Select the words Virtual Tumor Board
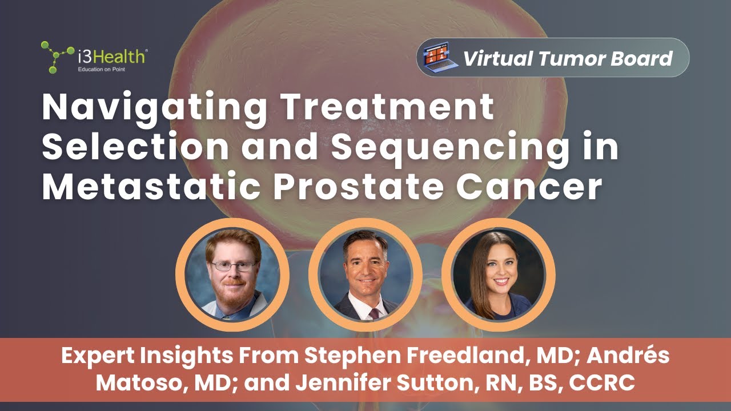[x=567, y=58]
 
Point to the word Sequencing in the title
[x=451, y=147]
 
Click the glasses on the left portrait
[x=233, y=266]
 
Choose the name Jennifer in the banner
[x=331, y=382]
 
